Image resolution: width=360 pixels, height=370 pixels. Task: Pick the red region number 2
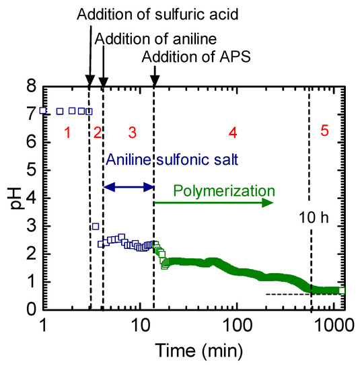(97, 133)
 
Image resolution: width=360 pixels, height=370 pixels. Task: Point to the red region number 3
(132, 133)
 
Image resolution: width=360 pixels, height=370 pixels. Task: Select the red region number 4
(233, 133)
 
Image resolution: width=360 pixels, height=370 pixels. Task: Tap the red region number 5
(324, 132)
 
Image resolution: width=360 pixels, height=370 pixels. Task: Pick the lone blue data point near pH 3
(96, 227)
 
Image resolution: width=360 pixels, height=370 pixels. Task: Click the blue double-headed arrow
(129, 188)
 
